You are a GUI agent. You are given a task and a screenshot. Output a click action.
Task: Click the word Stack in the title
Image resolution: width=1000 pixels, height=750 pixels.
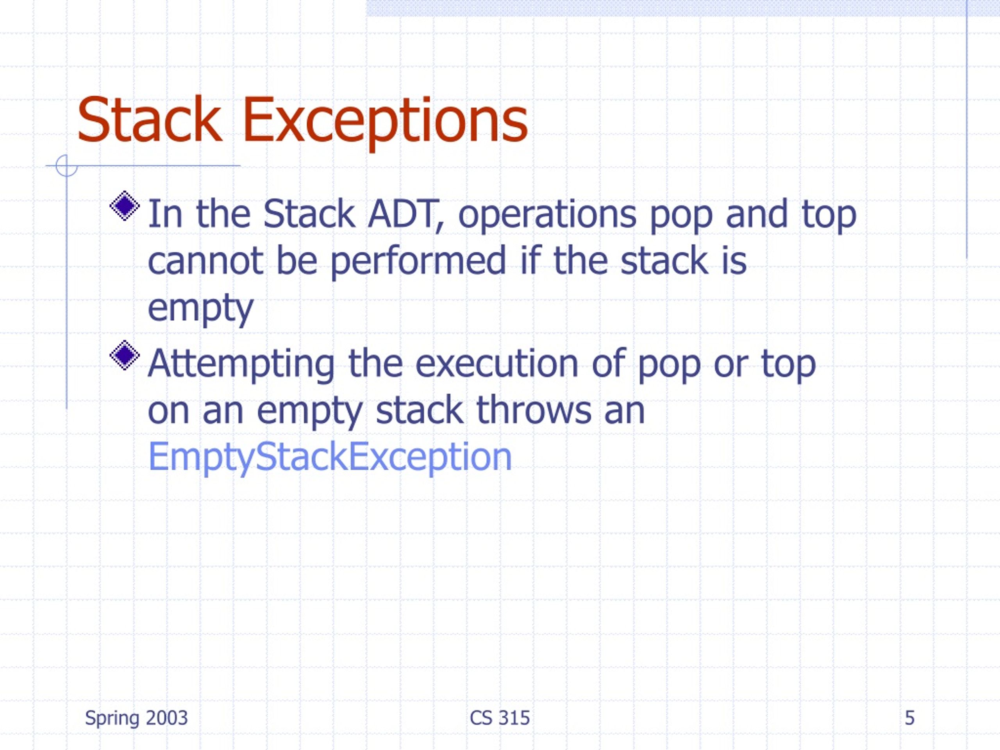149,120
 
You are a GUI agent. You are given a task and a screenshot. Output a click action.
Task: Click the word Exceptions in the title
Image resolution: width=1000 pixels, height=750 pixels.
385,121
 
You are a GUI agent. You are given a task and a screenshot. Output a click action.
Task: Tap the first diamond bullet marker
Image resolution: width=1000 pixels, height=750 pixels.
124,206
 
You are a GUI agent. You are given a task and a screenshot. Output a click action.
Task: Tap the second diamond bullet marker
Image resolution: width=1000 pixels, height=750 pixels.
124,355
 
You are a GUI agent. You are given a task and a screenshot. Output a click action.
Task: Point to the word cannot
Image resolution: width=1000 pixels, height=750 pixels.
205,261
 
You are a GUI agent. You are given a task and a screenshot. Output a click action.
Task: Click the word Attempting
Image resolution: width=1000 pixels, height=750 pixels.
241,364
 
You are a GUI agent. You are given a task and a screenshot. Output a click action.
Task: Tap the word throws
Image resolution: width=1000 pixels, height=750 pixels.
534,410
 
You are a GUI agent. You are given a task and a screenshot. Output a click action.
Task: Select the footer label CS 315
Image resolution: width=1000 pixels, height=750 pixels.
500,718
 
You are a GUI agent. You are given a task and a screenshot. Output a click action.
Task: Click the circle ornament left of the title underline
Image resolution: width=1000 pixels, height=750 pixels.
66,166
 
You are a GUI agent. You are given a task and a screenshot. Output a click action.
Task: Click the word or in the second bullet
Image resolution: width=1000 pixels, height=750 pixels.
730,364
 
